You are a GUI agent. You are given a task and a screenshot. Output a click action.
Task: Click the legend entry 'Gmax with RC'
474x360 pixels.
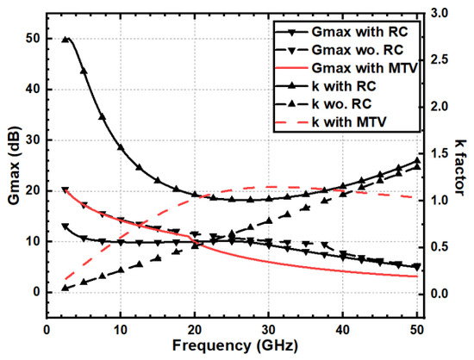pyautogui.click(x=342, y=32)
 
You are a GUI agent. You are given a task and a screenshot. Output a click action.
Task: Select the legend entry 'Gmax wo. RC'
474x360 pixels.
pyautogui.click(x=340, y=50)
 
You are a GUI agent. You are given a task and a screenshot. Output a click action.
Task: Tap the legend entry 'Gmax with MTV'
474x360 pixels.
pyautogui.click(x=346, y=68)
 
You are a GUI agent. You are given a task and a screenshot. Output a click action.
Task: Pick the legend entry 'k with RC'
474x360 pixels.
pyautogui.click(x=327, y=86)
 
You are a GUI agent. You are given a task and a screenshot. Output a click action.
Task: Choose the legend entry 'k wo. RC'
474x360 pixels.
pyautogui.click(x=324, y=104)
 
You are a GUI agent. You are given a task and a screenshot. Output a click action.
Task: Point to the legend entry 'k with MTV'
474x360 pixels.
pyautogui.click(x=331, y=122)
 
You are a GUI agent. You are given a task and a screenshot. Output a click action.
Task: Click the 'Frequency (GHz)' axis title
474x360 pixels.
pyautogui.click(x=235, y=345)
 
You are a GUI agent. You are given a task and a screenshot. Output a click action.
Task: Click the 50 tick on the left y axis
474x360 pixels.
pyautogui.click(x=34, y=39)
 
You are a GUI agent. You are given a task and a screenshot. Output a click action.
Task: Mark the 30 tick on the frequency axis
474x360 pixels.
pyautogui.click(x=268, y=330)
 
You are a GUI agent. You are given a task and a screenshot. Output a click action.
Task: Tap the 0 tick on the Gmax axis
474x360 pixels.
pyautogui.click(x=37, y=292)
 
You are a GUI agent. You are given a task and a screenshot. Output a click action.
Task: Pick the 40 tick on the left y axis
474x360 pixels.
pyautogui.click(x=34, y=90)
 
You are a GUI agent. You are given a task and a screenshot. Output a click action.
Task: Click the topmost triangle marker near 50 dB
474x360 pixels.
pyautogui.click(x=65, y=40)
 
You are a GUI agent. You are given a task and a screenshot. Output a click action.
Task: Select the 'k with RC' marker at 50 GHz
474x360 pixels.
pyautogui.click(x=417, y=160)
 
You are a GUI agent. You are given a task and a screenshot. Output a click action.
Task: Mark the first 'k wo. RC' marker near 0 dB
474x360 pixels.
pyautogui.click(x=65, y=289)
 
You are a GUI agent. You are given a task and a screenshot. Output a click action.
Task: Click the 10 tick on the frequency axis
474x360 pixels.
pyautogui.click(x=121, y=330)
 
